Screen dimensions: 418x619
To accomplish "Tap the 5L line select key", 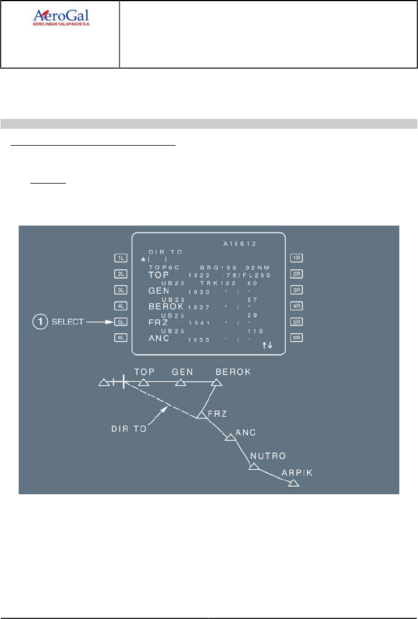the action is pos(121,321).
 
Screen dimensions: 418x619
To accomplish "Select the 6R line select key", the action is pos(296,337).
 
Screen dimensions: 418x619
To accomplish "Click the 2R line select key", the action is pos(296,273).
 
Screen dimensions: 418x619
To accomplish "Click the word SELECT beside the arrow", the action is pos(69,321).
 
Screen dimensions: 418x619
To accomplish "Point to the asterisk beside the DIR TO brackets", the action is pos(143,259).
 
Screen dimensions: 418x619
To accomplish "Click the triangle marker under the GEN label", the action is pos(181,383).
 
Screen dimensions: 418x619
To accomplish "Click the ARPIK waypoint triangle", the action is pos(294,483).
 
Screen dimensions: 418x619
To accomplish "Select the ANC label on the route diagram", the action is pos(245,432).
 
